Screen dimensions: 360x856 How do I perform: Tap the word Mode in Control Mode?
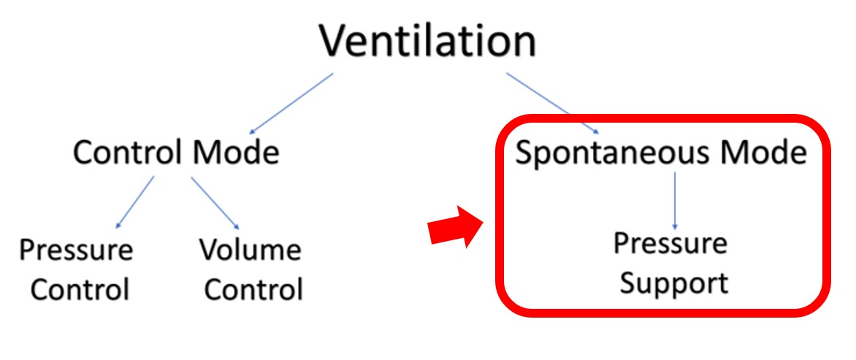[x=235, y=153]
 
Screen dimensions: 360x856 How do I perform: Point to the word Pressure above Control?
[x=76, y=250]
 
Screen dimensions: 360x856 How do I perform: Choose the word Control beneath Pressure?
[x=80, y=290]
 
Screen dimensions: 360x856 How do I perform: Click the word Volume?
[x=250, y=250]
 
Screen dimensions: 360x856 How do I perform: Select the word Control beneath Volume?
[x=253, y=290]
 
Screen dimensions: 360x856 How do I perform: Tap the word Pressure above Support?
[x=670, y=243]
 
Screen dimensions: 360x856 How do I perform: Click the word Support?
[x=673, y=283]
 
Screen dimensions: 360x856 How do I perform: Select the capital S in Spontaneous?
[x=525, y=153]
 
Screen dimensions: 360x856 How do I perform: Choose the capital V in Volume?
[x=209, y=250]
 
